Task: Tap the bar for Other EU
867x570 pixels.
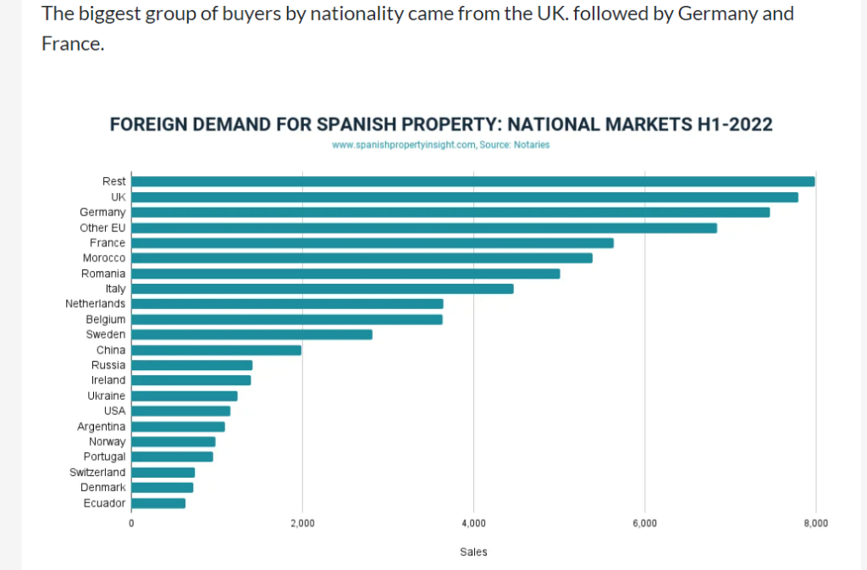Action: coord(423,228)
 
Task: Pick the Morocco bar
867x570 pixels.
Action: coord(362,257)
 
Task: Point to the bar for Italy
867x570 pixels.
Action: coord(322,289)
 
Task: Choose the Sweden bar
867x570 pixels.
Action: coord(251,335)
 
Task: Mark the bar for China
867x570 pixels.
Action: coord(216,350)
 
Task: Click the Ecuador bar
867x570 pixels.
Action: coord(158,503)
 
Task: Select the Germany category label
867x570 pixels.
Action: coord(102,212)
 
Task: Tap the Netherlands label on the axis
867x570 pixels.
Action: coord(95,303)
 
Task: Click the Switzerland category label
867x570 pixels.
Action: coord(97,472)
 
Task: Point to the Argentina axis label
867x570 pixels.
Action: coord(101,426)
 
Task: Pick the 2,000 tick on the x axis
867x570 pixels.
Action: coord(302,523)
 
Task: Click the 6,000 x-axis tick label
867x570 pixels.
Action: coord(644,523)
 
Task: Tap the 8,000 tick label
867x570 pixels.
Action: coord(815,523)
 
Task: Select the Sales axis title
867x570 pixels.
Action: coord(473,552)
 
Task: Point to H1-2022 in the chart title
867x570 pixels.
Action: coord(734,125)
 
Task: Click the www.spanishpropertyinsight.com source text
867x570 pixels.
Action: coord(403,145)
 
